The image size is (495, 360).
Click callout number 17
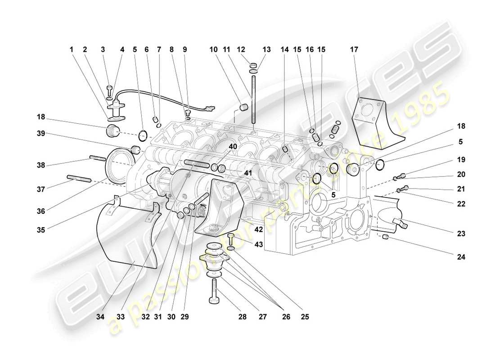(354, 50)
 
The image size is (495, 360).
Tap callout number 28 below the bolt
(243, 317)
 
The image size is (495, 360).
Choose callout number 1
(71, 50)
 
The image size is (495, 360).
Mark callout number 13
(267, 50)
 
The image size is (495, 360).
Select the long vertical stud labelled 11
(254, 99)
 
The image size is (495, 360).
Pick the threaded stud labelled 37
(79, 179)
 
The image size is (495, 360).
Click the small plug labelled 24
(386, 237)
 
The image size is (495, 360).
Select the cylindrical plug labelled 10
(245, 108)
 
